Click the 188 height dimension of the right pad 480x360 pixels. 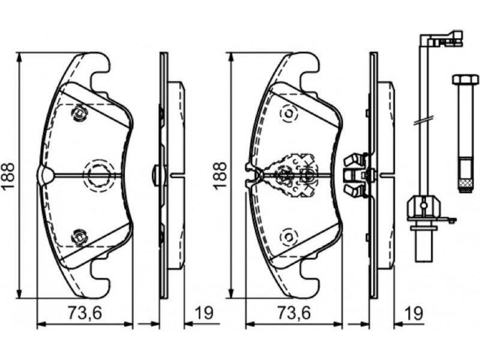(x=220, y=176)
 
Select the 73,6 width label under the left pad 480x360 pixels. (x=85, y=313)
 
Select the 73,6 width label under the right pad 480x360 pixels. (x=294, y=313)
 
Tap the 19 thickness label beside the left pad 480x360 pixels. (x=203, y=313)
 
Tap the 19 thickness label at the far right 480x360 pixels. (x=413, y=313)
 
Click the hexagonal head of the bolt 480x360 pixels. (x=465, y=79)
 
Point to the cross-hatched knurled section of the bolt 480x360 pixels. (x=465, y=185)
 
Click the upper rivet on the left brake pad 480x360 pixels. (x=79, y=113)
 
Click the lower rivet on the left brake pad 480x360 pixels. (x=79, y=236)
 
